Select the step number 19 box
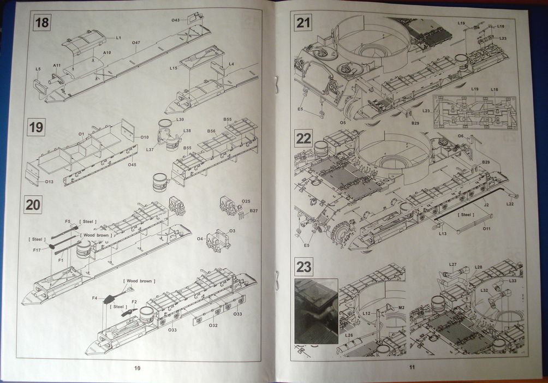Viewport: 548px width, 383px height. tap(36, 128)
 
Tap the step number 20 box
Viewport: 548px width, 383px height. tap(33, 205)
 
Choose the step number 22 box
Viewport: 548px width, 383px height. tap(303, 138)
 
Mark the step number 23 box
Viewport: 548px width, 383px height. tap(303, 266)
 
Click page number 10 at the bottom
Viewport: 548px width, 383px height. tap(137, 368)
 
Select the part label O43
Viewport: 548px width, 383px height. tap(175, 20)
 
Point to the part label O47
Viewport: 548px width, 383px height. tap(136, 43)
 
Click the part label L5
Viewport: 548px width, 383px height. tap(38, 69)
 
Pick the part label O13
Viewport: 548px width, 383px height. tap(49, 181)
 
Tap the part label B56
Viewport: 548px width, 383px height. tap(211, 131)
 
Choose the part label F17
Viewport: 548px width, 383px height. tap(37, 250)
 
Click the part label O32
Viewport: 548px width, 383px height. tap(213, 325)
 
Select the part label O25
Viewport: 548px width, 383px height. tap(246, 201)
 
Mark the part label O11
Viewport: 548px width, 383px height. tap(486, 229)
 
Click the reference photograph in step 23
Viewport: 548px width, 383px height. tap(316, 311)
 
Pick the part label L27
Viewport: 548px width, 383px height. tap(453, 265)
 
